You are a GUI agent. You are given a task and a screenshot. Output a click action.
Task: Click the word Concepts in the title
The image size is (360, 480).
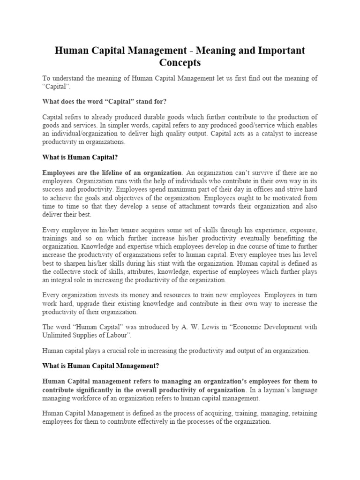click(180, 62)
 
